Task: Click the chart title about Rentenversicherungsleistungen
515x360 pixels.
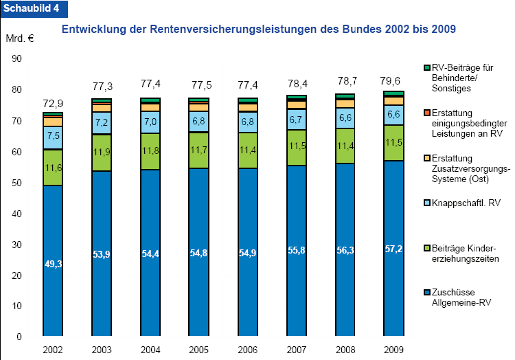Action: tap(259, 30)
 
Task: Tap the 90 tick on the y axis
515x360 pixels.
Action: tap(16, 59)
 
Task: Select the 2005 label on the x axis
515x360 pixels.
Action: tap(199, 350)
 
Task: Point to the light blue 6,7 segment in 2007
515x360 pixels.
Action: tap(297, 120)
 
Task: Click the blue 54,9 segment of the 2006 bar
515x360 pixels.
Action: tap(249, 252)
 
